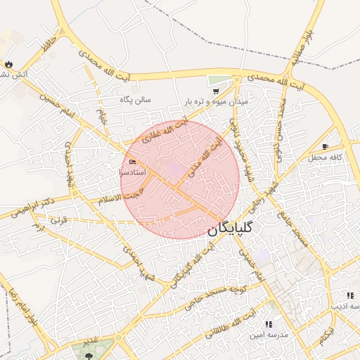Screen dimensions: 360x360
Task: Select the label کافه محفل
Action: click(x=325, y=157)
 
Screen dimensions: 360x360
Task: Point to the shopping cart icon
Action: click(x=216, y=91)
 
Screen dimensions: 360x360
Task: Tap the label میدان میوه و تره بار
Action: click(x=216, y=102)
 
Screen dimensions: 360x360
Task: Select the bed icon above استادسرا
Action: click(x=132, y=162)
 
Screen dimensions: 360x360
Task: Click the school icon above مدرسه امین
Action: click(x=268, y=324)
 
